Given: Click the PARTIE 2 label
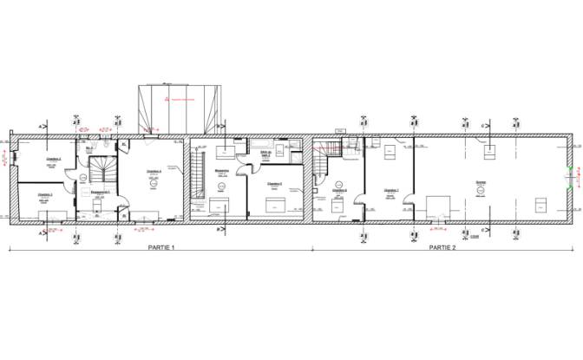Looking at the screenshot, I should coord(442,247).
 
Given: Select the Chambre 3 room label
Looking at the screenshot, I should coord(45,195).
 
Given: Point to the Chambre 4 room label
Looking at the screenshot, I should coord(155,171).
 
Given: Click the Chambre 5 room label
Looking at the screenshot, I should coord(275,184).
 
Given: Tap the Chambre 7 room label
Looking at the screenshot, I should coord(390,190).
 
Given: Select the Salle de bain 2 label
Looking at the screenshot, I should coord(265,154).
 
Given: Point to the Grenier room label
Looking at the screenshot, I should coord(480,181).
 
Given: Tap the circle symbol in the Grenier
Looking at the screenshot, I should coord(482,192).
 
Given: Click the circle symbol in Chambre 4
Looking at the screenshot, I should coord(155,183).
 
